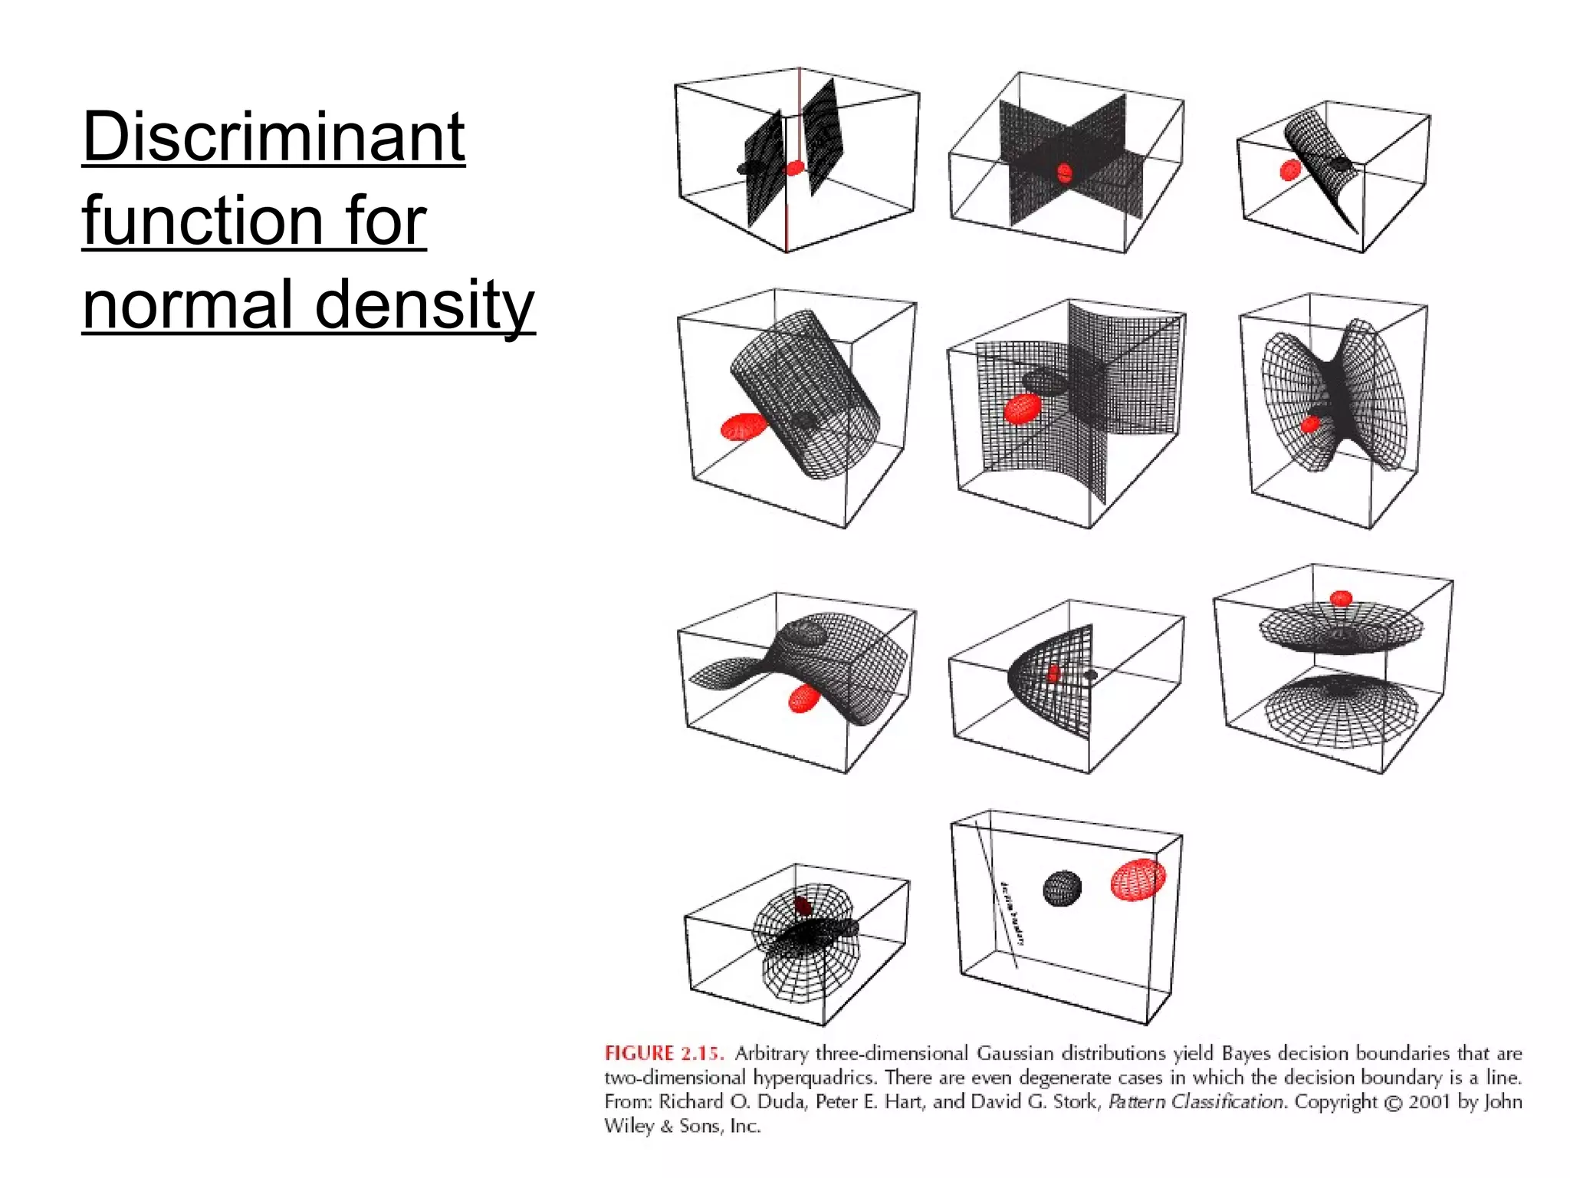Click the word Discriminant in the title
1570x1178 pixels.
(x=273, y=138)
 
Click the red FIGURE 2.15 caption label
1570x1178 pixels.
(x=663, y=1053)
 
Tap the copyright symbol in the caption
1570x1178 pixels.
(x=1391, y=1103)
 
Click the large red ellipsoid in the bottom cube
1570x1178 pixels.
(x=1138, y=879)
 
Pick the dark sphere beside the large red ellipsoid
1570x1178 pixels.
(x=1062, y=888)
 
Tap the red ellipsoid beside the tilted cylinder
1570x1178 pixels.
(x=743, y=426)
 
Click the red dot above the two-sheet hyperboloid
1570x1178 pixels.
(x=1341, y=598)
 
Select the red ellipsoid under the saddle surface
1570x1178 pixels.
(x=803, y=699)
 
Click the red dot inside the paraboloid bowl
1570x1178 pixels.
(x=1053, y=674)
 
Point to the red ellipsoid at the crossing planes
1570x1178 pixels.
(x=1064, y=173)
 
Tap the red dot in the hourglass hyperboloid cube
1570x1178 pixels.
(x=1310, y=423)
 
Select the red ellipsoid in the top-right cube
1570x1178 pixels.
(x=1290, y=169)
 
